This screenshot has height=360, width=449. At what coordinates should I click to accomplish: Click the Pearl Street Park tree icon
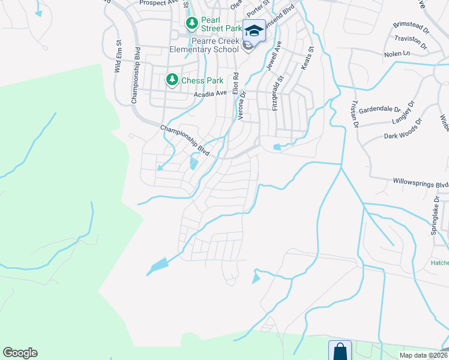pyautogui.click(x=191, y=24)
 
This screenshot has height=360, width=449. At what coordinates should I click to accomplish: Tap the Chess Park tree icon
pyautogui.click(x=172, y=80)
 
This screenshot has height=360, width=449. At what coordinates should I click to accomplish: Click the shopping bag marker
pyautogui.click(x=339, y=350)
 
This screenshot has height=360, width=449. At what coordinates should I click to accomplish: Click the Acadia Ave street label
pyautogui.click(x=210, y=94)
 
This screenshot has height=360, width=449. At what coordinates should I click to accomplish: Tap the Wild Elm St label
pyautogui.click(x=118, y=57)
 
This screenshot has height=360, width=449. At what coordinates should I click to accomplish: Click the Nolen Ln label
pyautogui.click(x=397, y=54)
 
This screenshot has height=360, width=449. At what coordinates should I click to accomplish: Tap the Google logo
pyautogui.click(x=20, y=353)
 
